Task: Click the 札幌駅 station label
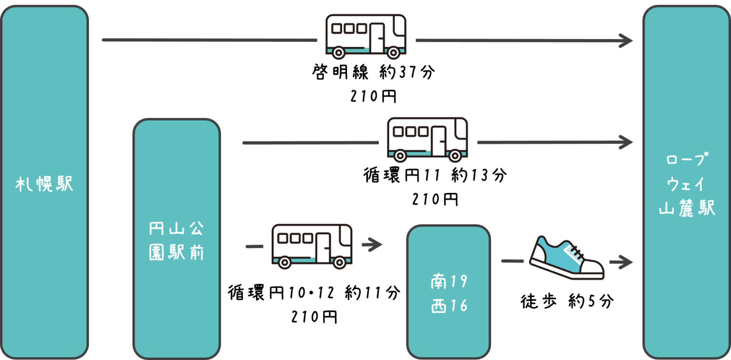45,184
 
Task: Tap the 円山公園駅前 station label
177,241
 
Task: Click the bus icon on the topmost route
366,35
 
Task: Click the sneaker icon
566,257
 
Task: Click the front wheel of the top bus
394,52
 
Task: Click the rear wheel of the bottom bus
285,262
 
